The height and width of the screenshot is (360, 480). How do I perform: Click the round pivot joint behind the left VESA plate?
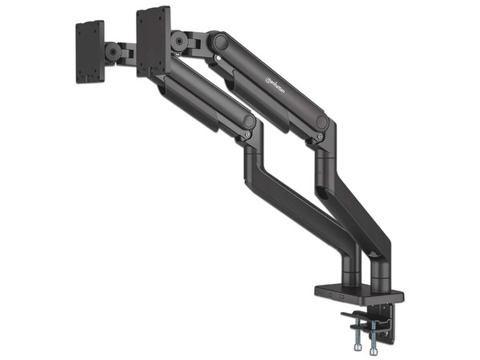pyautogui.click(x=117, y=53)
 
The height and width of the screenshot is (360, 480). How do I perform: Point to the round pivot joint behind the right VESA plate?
pyautogui.click(x=179, y=39)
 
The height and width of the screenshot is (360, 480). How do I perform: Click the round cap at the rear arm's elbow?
pyautogui.click(x=322, y=122)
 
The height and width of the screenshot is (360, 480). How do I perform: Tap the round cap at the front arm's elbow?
pyautogui.click(x=250, y=122)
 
